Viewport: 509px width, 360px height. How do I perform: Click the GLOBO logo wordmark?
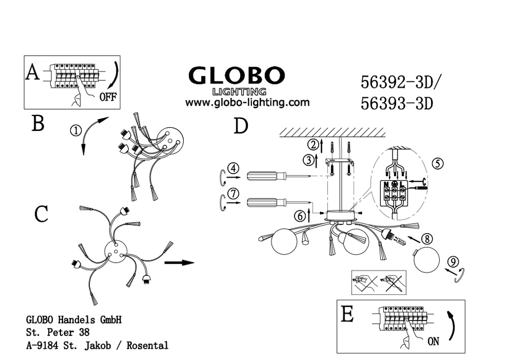[236, 76]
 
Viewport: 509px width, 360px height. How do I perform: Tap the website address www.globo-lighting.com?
[247, 102]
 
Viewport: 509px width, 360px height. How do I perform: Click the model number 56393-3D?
[397, 104]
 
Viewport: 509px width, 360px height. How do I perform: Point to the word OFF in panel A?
[108, 96]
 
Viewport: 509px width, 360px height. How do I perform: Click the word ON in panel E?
[433, 342]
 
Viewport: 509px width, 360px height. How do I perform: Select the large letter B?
[38, 124]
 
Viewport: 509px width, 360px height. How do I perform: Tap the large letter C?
[41, 214]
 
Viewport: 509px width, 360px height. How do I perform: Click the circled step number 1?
[75, 131]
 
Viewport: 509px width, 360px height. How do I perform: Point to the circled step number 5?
[438, 163]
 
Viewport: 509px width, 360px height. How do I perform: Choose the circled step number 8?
[427, 239]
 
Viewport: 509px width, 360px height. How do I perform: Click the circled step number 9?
[453, 261]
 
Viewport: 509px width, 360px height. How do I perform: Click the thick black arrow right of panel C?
[180, 262]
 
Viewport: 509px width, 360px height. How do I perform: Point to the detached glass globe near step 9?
[426, 260]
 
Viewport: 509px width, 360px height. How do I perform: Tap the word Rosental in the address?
[148, 345]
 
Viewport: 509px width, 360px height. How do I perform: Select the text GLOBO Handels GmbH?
[74, 320]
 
